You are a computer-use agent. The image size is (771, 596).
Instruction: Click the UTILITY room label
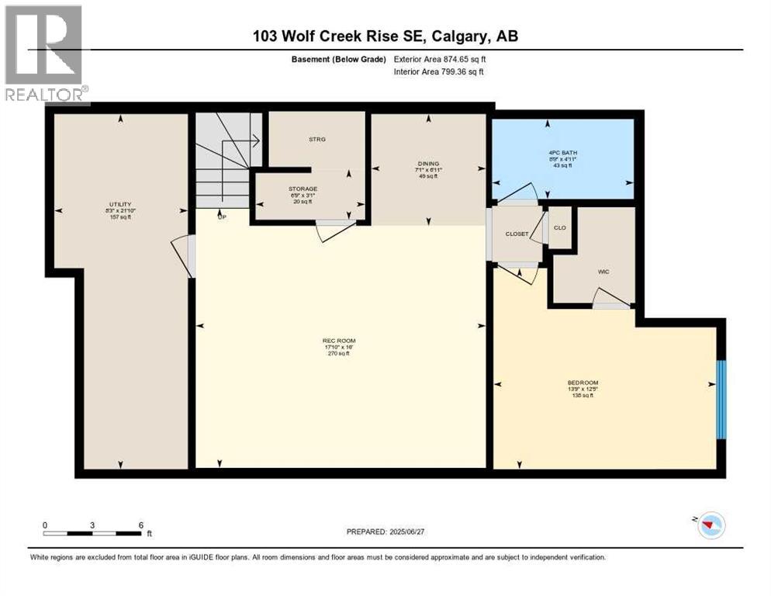click(120, 204)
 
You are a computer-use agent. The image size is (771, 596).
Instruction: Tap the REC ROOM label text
click(339, 341)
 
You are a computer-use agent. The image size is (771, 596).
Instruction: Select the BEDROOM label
click(583, 383)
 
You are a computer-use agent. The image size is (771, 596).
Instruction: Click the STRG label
click(316, 140)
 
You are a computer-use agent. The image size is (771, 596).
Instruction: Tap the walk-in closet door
click(610, 298)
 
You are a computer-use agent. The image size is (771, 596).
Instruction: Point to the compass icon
click(708, 526)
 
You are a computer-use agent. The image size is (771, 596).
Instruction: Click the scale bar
click(92, 532)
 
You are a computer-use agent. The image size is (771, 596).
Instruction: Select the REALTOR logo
click(44, 54)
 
